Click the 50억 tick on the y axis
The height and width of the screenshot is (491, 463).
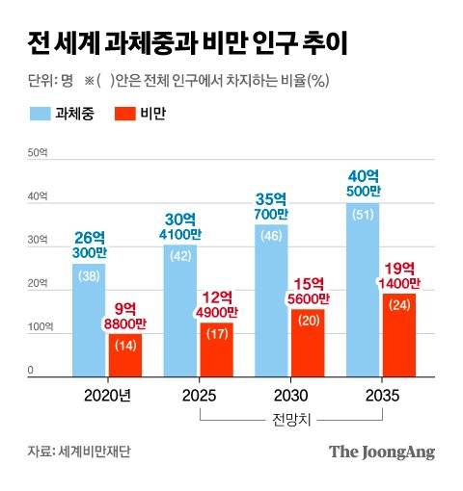[x=37, y=153]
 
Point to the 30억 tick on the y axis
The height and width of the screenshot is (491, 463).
[x=37, y=240]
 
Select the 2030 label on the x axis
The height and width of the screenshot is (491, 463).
[x=291, y=395]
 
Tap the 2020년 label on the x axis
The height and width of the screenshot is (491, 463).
[x=106, y=395]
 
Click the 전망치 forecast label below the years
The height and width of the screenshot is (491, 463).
[x=291, y=419]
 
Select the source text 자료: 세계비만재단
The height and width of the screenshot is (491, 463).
[x=74, y=451]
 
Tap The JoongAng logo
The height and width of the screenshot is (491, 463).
[x=382, y=451]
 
